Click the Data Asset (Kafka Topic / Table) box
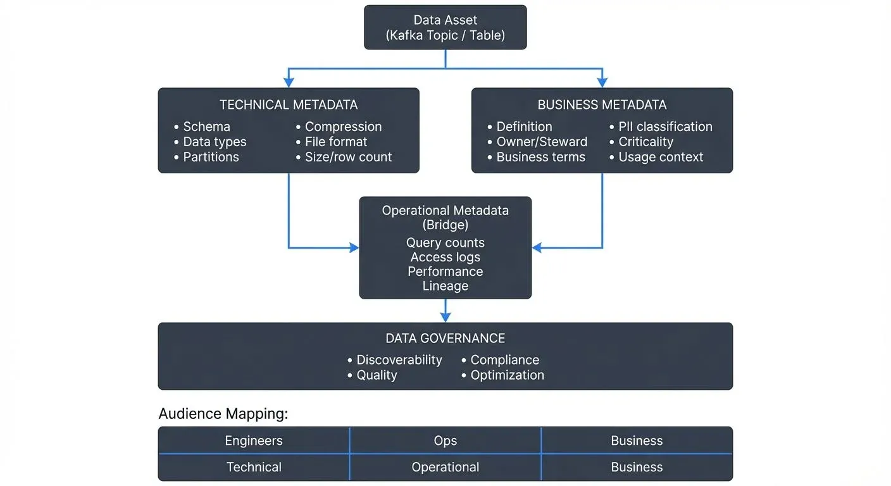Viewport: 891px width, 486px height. [x=445, y=28]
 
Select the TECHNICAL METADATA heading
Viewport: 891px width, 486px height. [x=289, y=105]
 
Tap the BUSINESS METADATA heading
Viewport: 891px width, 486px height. [x=602, y=105]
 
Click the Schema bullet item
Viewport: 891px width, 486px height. [x=206, y=127]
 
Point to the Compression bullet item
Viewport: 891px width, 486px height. [x=343, y=127]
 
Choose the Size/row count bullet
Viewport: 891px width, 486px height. [x=348, y=157]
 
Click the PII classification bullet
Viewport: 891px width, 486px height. [x=665, y=127]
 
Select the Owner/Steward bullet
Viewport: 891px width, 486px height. [x=542, y=142]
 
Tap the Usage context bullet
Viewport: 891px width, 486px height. [x=661, y=157]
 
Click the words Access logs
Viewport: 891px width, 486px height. [x=445, y=257]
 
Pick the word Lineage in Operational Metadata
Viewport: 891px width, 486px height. [x=445, y=286]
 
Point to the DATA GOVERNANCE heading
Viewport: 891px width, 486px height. [x=445, y=339]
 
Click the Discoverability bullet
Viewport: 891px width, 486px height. [x=399, y=360]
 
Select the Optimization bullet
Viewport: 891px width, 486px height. [x=507, y=375]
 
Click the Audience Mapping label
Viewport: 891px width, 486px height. [x=223, y=414]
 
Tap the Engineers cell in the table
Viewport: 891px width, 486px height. [x=254, y=441]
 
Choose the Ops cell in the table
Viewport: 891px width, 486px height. [x=445, y=441]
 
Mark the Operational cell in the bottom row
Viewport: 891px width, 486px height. [x=445, y=468]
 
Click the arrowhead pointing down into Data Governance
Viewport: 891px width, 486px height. [x=445, y=318]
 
